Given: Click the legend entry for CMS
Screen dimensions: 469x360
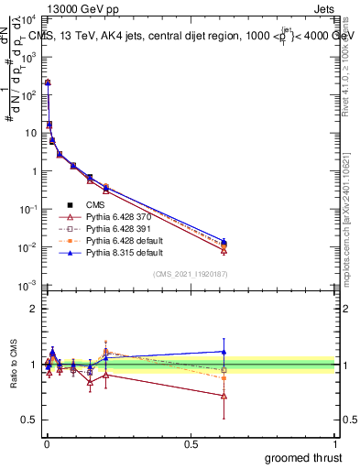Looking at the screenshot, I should (x=96, y=205).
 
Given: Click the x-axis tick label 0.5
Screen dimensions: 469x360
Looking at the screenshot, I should (x=191, y=445).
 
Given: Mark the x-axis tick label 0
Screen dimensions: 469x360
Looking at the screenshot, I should (x=45, y=445).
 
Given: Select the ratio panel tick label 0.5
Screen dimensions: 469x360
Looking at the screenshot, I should (x=30, y=420).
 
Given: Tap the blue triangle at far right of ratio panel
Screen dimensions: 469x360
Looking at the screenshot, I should (x=224, y=352).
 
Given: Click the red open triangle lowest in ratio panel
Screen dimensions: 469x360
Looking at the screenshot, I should (x=224, y=396).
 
